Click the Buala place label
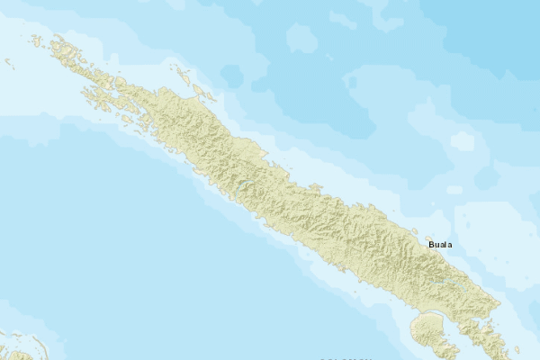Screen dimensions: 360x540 click(441, 244)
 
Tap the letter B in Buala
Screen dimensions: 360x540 click(432, 244)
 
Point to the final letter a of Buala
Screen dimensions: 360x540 click(450, 244)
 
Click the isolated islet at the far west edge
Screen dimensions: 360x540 click(8, 62)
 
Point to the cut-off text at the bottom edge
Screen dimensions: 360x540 click(346, 357)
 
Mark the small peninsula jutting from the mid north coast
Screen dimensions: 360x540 click(314, 187)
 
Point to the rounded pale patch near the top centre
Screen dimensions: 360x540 click(302, 38)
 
